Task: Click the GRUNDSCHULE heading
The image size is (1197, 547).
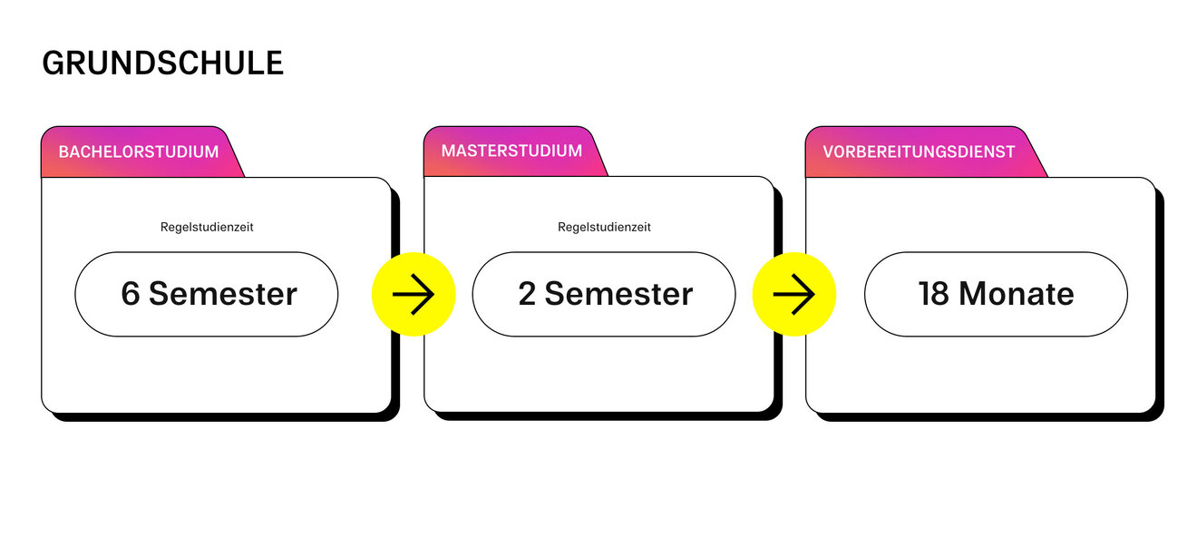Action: (x=162, y=63)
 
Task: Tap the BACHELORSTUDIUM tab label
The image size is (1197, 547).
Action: (x=139, y=151)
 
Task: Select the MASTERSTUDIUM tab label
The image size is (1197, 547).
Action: (x=511, y=151)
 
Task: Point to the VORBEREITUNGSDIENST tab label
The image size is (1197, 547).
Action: (x=919, y=151)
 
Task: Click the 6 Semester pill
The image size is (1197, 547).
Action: (x=207, y=294)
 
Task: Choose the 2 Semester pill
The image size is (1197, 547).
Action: (x=604, y=294)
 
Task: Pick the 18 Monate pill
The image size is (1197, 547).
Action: (x=996, y=294)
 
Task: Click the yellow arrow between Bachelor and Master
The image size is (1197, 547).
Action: (x=414, y=294)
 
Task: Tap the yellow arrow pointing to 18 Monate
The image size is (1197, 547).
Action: (x=794, y=294)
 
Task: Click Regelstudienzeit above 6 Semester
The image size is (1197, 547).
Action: (x=207, y=227)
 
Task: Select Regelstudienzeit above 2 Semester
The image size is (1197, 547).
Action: (x=604, y=227)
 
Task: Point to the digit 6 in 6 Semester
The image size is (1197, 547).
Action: (x=131, y=294)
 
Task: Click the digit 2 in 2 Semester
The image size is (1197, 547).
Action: (x=527, y=294)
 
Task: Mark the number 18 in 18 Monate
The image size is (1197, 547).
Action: (x=933, y=294)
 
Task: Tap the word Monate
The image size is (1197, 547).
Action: (x=1017, y=294)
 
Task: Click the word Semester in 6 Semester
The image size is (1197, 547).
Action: (x=223, y=294)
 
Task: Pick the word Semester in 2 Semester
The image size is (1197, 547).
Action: (x=619, y=294)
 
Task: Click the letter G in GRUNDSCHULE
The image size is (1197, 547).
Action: (x=53, y=63)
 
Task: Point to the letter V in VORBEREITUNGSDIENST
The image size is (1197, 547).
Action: (x=828, y=151)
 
